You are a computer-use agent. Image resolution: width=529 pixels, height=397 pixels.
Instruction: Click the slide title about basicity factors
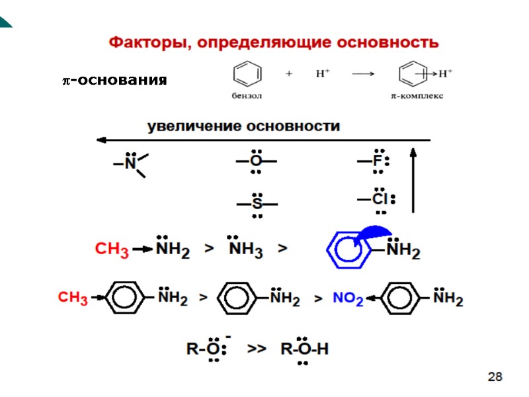[x=273, y=43]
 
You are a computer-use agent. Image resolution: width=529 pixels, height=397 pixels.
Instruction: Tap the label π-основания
[x=114, y=81]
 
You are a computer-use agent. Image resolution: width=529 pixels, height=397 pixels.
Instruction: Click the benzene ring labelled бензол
[x=245, y=73]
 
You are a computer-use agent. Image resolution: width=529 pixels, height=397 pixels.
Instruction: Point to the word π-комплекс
[x=416, y=95]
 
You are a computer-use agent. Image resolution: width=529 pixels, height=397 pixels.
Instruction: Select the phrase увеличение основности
[x=243, y=126]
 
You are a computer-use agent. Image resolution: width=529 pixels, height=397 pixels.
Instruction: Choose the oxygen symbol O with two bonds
[x=256, y=161]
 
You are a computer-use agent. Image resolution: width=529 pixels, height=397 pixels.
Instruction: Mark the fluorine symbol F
[x=378, y=161]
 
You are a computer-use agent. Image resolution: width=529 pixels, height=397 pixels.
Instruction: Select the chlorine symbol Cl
[x=380, y=198]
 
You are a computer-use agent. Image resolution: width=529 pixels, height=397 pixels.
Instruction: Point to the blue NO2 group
[x=348, y=299]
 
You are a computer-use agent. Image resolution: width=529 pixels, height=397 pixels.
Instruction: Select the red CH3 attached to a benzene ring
[x=73, y=299]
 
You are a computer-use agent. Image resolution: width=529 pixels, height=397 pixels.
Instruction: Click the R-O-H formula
[x=304, y=348]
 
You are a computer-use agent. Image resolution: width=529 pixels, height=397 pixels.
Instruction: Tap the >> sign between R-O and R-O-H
[x=256, y=348]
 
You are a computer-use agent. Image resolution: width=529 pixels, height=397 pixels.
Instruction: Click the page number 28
[x=495, y=377]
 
